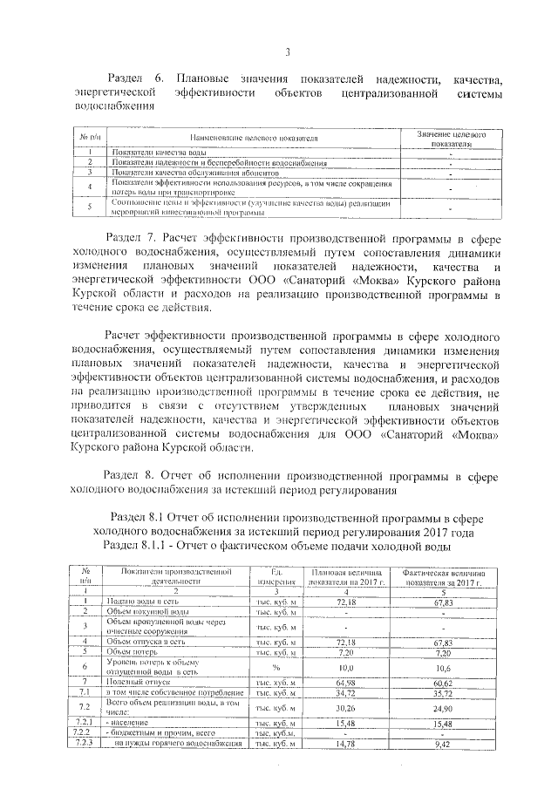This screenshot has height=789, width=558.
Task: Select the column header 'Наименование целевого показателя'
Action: (x=250, y=139)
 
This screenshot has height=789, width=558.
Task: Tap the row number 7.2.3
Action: (x=85, y=744)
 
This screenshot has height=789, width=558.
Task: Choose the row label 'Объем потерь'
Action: (x=131, y=651)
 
